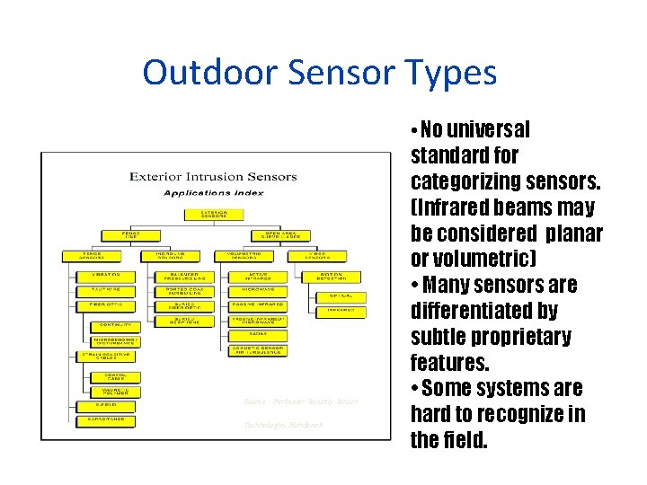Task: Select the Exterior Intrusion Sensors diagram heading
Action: [x=213, y=177]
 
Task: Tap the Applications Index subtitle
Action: [x=213, y=192]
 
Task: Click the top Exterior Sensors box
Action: [x=213, y=214]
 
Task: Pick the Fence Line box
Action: [x=132, y=235]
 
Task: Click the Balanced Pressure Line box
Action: [x=189, y=277]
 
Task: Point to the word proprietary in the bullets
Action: [x=515, y=337]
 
